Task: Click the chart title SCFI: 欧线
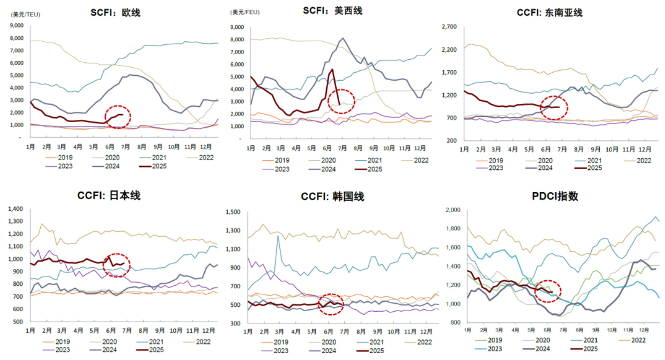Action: (115, 12)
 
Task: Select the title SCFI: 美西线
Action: (333, 10)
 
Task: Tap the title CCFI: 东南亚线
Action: (549, 12)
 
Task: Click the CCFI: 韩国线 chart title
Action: (332, 197)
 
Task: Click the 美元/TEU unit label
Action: (26, 14)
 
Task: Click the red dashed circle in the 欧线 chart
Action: (119, 117)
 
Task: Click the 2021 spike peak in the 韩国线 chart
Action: (278, 236)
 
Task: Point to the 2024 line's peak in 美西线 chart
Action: (343, 38)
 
